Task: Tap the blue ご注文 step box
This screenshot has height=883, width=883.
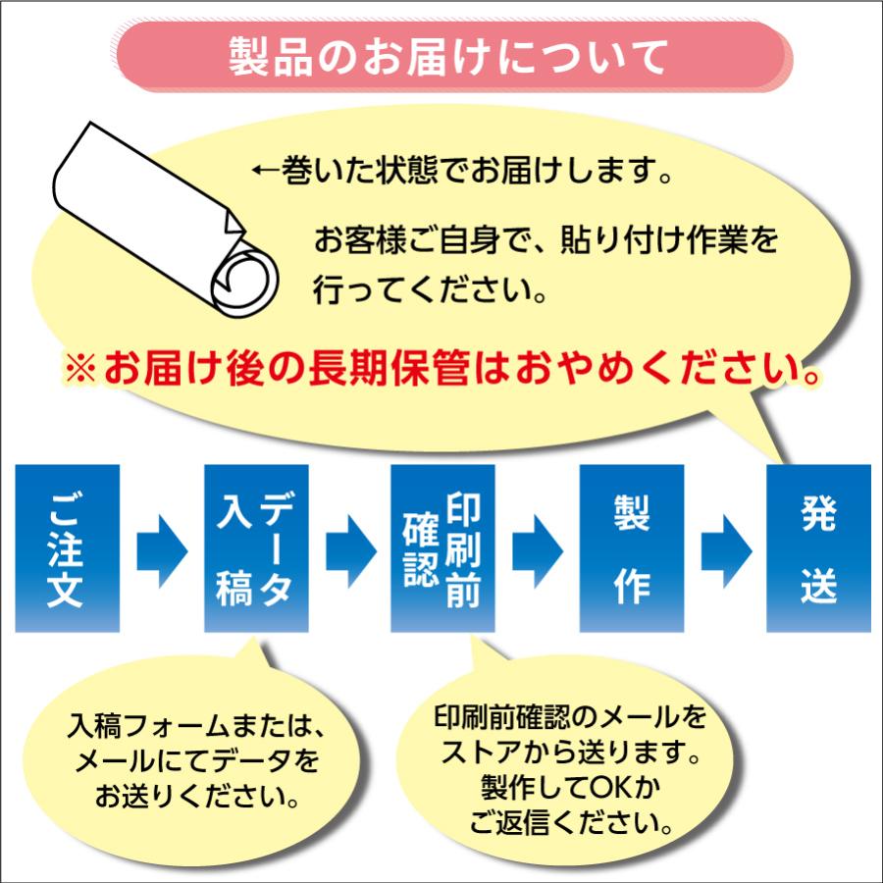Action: (68, 547)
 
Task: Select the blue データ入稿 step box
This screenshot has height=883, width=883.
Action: (256, 547)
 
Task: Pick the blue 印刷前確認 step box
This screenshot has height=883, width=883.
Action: (442, 547)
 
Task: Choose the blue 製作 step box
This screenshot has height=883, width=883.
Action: (631, 547)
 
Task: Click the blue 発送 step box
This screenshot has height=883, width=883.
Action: (818, 547)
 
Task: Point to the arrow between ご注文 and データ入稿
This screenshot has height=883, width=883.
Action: (161, 548)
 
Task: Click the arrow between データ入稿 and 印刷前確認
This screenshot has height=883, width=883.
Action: (349, 548)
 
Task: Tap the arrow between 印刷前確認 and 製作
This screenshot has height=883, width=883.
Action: (538, 548)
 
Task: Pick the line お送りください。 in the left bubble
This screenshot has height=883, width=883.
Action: (196, 795)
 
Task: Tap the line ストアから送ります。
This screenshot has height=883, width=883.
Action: (570, 753)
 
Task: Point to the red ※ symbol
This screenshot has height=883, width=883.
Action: (80, 371)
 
